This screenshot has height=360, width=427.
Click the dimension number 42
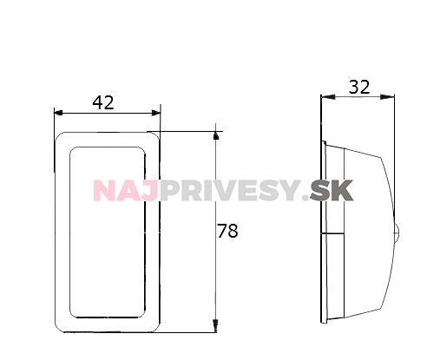103,102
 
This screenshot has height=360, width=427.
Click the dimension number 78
227,231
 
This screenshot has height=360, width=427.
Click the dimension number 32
359,87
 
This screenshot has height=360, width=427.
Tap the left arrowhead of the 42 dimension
59,113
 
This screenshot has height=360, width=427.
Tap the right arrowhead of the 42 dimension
156,113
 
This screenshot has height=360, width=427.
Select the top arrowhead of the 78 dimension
216,136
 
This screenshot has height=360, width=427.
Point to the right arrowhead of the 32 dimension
387,97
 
